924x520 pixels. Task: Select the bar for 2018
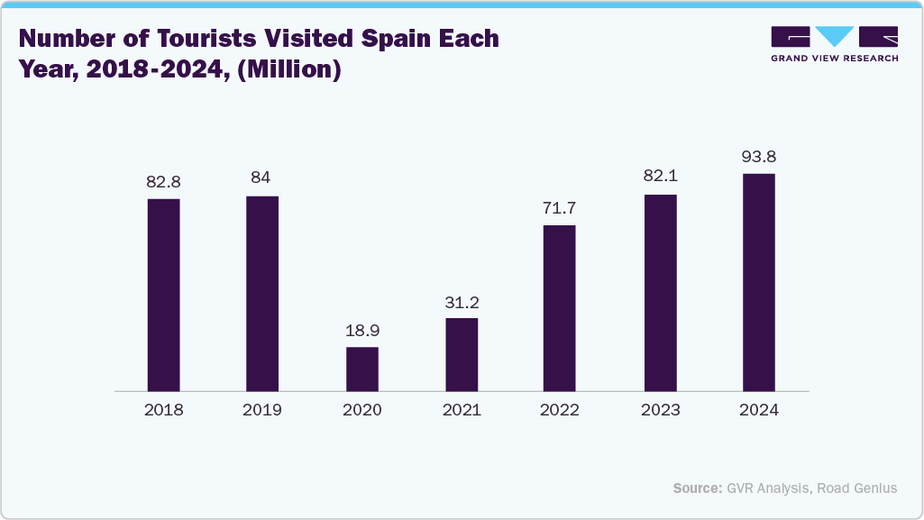164,295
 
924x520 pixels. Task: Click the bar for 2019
262,294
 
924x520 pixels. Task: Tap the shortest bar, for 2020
362,369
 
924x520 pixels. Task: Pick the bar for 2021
462,355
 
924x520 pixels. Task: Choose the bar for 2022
560,308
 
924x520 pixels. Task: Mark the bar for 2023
660,293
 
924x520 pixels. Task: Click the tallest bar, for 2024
759,282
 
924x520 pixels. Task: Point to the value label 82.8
164,182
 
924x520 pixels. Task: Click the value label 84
261,178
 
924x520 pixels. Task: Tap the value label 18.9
362,331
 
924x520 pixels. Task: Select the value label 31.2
462,302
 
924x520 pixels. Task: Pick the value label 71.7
560,208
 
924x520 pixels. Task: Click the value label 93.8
759,157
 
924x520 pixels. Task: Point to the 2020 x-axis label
362,410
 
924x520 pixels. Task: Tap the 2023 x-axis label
660,410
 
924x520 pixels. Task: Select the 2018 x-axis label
164,410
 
